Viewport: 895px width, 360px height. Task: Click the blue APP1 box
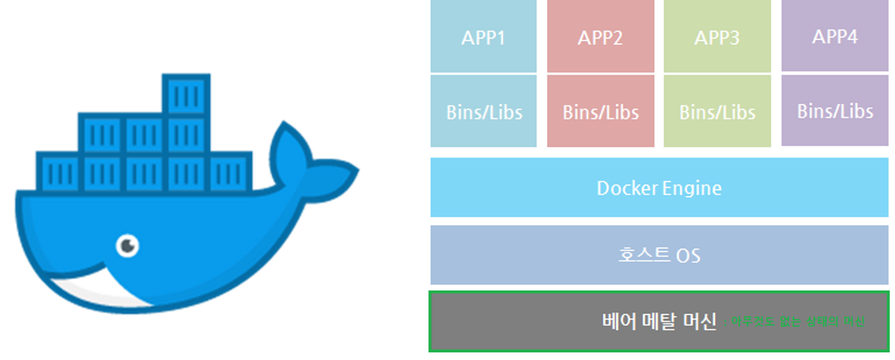(483, 37)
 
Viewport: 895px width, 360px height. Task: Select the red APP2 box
(600, 37)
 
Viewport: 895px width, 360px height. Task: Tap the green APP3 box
(717, 37)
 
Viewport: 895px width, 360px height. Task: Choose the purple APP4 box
(835, 36)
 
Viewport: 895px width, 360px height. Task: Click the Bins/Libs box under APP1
(483, 112)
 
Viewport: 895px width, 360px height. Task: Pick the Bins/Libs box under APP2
(600, 112)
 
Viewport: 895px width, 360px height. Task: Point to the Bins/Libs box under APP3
(717, 112)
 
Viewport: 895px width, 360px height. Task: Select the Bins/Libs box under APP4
(835, 110)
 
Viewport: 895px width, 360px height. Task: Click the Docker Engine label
(659, 188)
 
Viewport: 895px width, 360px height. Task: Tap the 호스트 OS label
(659, 255)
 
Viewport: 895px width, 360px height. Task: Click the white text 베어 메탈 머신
(659, 321)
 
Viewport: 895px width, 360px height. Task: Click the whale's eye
(127, 245)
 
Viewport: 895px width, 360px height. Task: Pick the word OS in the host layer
(687, 256)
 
